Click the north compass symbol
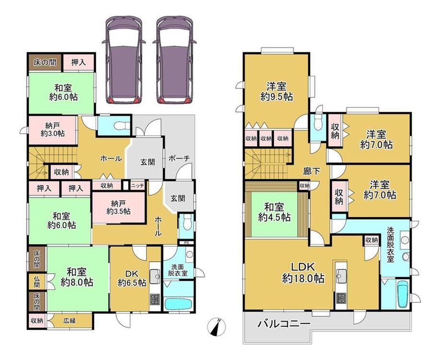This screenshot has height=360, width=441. coord(217,327)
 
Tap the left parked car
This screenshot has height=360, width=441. coord(124,59)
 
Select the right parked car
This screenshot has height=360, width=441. coord(174,59)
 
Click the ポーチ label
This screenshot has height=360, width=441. coord(179,159)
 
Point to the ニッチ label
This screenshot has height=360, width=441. coord(138,186)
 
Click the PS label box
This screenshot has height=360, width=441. coord(186,243)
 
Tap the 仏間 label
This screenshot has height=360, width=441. coord(36,282)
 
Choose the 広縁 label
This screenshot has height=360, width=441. coord(70,320)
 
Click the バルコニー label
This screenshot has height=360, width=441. coord(284,324)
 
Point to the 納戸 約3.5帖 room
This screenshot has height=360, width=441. coord(118,208)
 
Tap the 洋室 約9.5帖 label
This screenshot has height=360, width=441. coord(277,92)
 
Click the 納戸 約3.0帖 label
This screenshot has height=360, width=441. coord(53,129)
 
